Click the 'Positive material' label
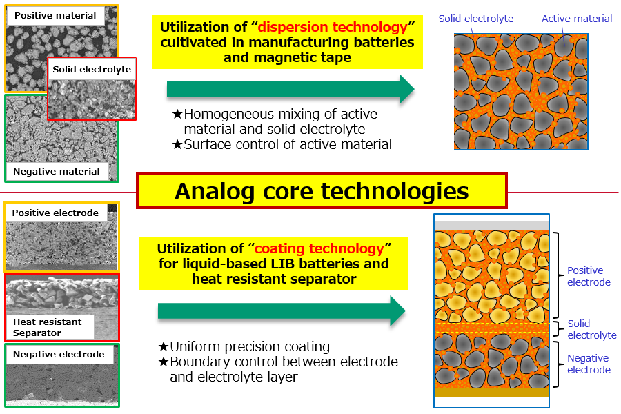click(55, 16)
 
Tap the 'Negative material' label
click(57, 172)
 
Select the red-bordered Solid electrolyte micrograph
click(92, 89)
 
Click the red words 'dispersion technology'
click(333, 27)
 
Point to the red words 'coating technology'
click(319, 248)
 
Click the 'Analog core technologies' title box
click(322, 191)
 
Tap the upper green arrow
click(290, 89)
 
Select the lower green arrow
click(282, 311)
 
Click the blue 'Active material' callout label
click(577, 19)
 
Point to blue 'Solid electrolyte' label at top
click(475, 19)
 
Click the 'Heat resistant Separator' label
click(48, 327)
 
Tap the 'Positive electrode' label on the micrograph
click(55, 213)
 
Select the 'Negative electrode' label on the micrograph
click(59, 354)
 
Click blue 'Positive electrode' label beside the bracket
click(589, 277)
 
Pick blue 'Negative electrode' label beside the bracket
click(589, 364)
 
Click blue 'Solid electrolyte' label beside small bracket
click(592, 329)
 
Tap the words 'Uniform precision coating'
click(250, 346)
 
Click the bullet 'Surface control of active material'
click(288, 145)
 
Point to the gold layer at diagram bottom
click(491, 392)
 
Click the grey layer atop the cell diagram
click(491, 226)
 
